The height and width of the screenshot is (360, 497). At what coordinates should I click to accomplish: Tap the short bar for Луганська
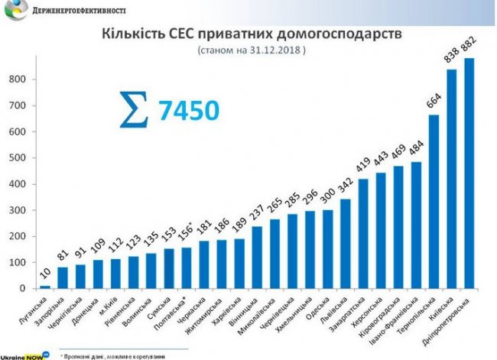coord(45,287)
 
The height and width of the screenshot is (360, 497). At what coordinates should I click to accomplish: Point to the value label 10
coord(44,274)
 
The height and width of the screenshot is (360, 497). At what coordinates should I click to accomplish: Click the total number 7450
coord(189,109)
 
